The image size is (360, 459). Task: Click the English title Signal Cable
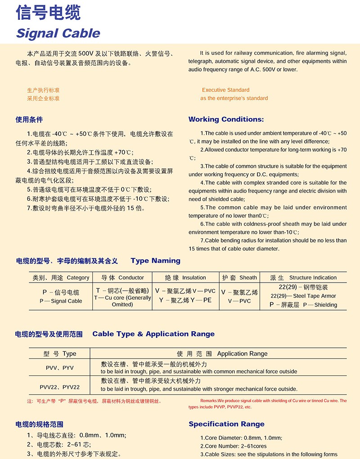pyautogui.click(x=58, y=33)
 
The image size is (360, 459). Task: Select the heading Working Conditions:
pyautogui.click(x=226, y=119)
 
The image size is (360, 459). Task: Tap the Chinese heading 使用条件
pyautogui.click(x=29, y=120)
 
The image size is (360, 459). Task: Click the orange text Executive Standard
pyautogui.click(x=225, y=90)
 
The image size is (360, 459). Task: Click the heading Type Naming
pyautogui.click(x=155, y=261)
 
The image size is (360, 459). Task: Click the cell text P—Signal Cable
pyautogui.click(x=61, y=301)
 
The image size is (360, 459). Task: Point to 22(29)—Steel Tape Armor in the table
pyautogui.click(x=303, y=296)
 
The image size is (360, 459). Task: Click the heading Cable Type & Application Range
pyautogui.click(x=153, y=334)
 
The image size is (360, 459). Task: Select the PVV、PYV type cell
pyautogui.click(x=59, y=368)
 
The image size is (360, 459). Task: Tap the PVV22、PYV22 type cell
pyautogui.click(x=59, y=387)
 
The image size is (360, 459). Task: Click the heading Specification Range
pyautogui.click(x=226, y=424)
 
